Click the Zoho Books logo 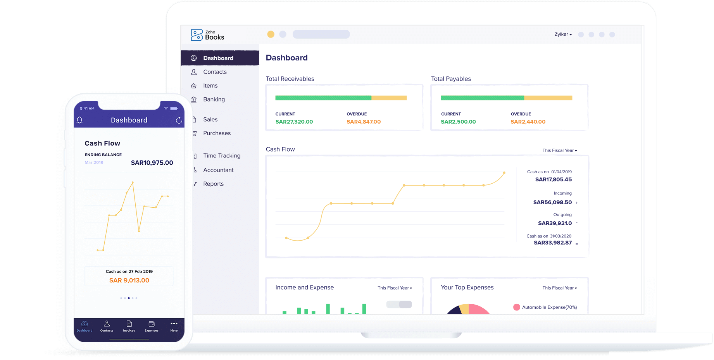[x=207, y=35]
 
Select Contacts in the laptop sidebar [x=215, y=72]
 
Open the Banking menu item [x=214, y=100]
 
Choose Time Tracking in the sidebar [x=221, y=156]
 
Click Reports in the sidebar [x=213, y=184]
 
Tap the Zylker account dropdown [x=563, y=34]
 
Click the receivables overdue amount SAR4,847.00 [x=363, y=122]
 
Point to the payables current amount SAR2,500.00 [x=458, y=122]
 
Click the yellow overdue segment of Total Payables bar [x=548, y=98]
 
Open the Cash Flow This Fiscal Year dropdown [x=559, y=150]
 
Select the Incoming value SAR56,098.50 [x=552, y=202]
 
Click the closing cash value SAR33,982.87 [x=552, y=243]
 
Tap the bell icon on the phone [x=79, y=120]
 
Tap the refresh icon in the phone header [x=179, y=121]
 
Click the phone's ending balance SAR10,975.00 [x=152, y=163]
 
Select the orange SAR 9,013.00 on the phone [x=129, y=280]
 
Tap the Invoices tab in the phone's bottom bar [x=129, y=326]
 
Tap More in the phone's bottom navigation [x=174, y=326]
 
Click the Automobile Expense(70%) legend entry [x=545, y=307]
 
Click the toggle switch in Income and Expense [x=399, y=305]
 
